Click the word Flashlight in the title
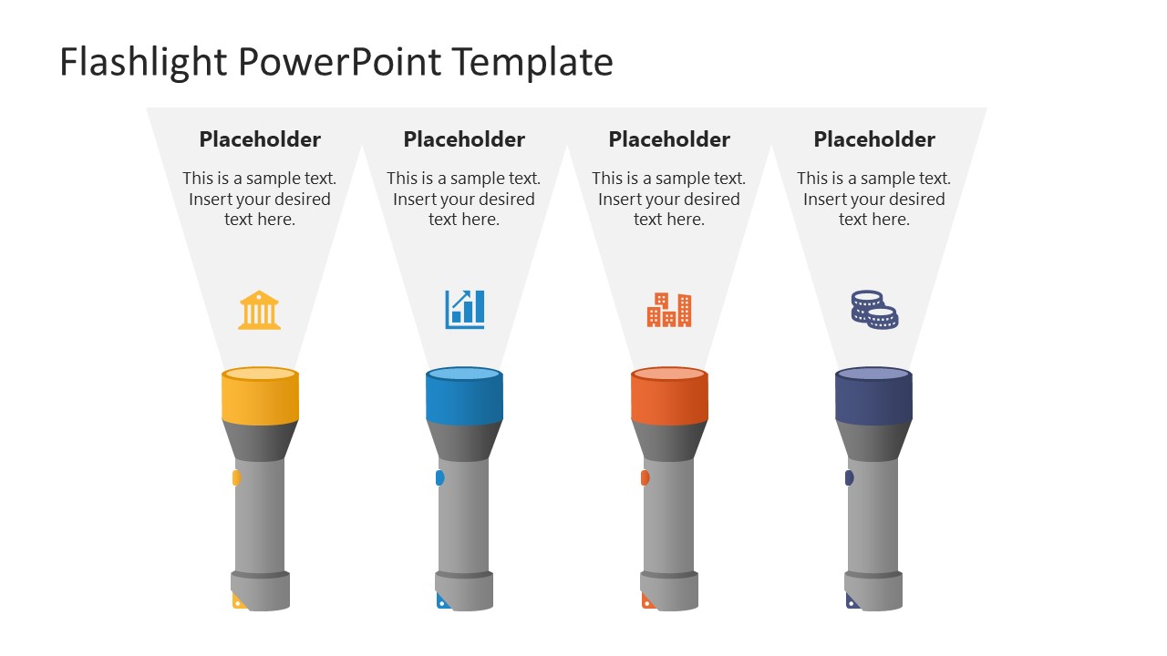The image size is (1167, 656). pyautogui.click(x=144, y=63)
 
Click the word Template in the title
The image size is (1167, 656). pyautogui.click(x=532, y=63)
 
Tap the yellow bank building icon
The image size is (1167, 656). pyautogui.click(x=260, y=310)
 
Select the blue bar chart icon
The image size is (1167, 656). pyautogui.click(x=465, y=309)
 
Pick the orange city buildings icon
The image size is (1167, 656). pyautogui.click(x=669, y=310)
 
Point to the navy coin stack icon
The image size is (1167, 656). pyautogui.click(x=874, y=310)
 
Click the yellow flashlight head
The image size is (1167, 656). pyautogui.click(x=260, y=397)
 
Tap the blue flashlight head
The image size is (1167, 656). pyautogui.click(x=464, y=397)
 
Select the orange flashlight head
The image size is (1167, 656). pyautogui.click(x=669, y=397)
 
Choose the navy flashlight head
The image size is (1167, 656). pyautogui.click(x=873, y=397)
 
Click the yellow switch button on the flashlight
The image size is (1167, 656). pyautogui.click(x=236, y=477)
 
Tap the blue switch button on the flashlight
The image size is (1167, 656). pyautogui.click(x=440, y=477)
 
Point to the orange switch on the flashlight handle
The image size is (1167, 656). pyautogui.click(x=645, y=477)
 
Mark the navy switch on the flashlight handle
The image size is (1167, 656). pyautogui.click(x=850, y=477)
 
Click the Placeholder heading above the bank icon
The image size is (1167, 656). pyautogui.click(x=260, y=139)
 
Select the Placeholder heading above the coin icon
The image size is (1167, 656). pyautogui.click(x=874, y=139)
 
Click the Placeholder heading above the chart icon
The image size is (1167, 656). pyautogui.click(x=464, y=139)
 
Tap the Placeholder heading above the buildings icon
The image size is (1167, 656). pyautogui.click(x=669, y=139)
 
